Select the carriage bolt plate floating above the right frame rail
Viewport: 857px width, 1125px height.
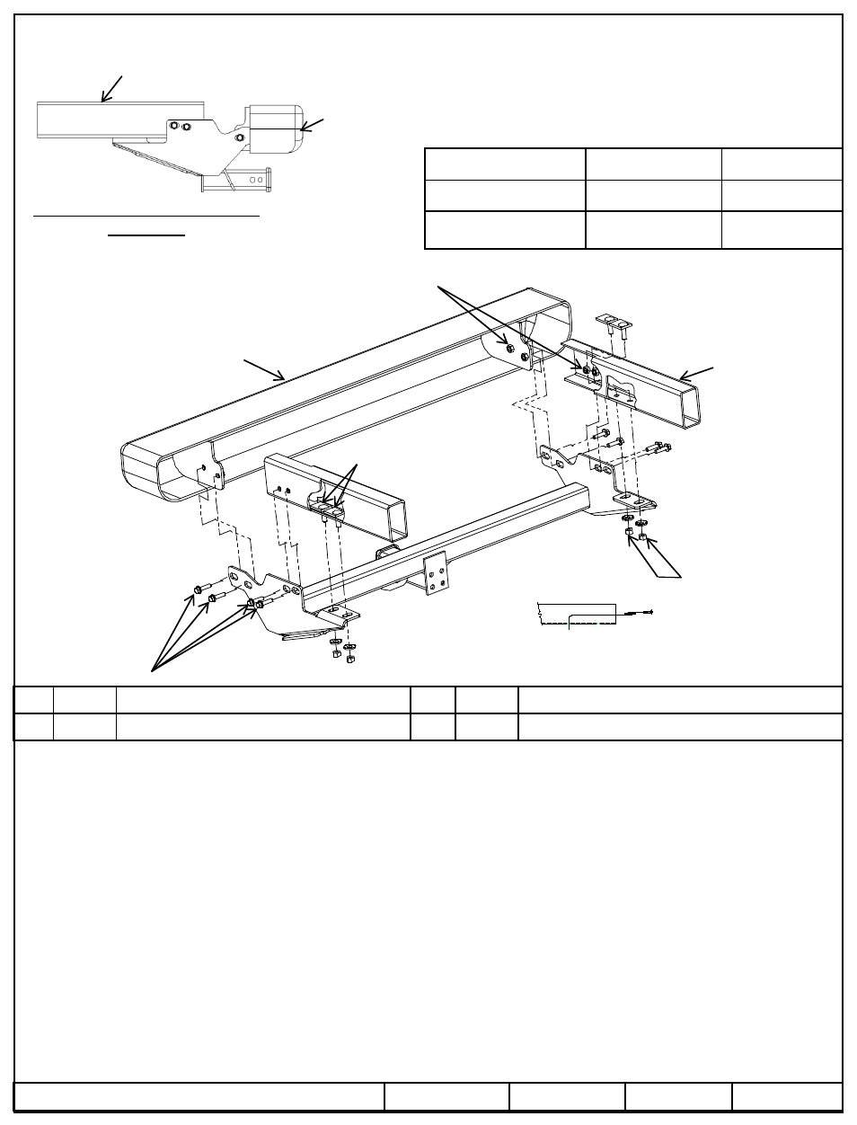click(x=613, y=324)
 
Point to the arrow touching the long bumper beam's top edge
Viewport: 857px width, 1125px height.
click(x=264, y=370)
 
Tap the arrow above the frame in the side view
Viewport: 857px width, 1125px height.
click(x=112, y=88)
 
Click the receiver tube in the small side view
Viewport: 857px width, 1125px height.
click(x=236, y=183)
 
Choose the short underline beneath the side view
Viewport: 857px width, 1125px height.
click(x=146, y=235)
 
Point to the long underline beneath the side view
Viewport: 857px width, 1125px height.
click(x=146, y=217)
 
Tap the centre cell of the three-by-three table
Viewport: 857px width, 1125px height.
click(x=653, y=196)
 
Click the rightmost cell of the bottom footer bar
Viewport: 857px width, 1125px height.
click(x=787, y=1097)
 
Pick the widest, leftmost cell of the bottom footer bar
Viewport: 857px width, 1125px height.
click(x=199, y=1097)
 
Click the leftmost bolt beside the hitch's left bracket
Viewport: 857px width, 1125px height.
click(x=197, y=589)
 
